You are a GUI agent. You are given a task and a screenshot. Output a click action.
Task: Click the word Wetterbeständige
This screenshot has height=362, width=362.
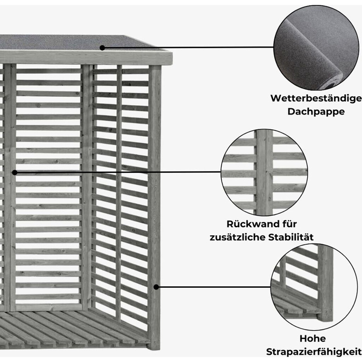316,98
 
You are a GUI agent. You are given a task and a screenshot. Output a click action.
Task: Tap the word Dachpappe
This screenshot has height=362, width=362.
316,111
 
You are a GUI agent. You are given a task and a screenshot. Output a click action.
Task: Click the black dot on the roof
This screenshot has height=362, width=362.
103,47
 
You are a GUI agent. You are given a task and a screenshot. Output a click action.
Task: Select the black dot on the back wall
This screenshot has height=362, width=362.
14,172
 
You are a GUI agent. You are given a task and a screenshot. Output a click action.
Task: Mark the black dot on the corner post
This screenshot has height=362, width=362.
157,286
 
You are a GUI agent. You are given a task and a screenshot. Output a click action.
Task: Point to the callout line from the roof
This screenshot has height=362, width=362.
190,47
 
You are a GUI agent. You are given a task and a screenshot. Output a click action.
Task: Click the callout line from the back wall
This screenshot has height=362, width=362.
118,172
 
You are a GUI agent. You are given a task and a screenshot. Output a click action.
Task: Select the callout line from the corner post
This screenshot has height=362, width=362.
213,286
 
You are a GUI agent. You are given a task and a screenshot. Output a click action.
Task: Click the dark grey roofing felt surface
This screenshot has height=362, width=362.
68,43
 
